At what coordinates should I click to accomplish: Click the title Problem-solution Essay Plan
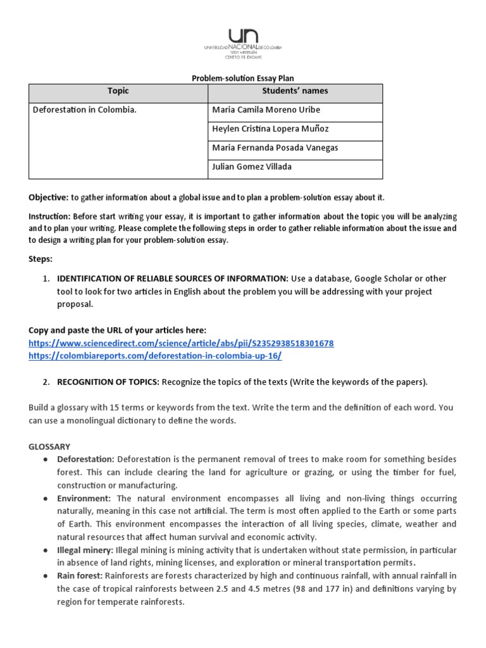(243, 78)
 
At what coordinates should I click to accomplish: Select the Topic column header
(118, 91)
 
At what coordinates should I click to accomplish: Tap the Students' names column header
(295, 91)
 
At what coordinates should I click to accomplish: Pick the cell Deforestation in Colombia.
(84, 109)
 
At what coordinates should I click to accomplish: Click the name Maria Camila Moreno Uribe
(266, 109)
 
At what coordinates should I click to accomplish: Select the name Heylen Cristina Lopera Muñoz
(270, 128)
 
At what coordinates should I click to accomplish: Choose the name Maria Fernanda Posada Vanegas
(275, 147)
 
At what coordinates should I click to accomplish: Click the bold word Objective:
(48, 197)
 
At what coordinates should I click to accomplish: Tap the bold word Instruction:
(49, 216)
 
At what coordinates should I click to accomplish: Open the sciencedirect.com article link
(181, 343)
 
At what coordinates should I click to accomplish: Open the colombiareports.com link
(155, 356)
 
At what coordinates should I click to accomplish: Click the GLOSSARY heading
(49, 446)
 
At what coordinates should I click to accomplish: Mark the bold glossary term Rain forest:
(80, 576)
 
